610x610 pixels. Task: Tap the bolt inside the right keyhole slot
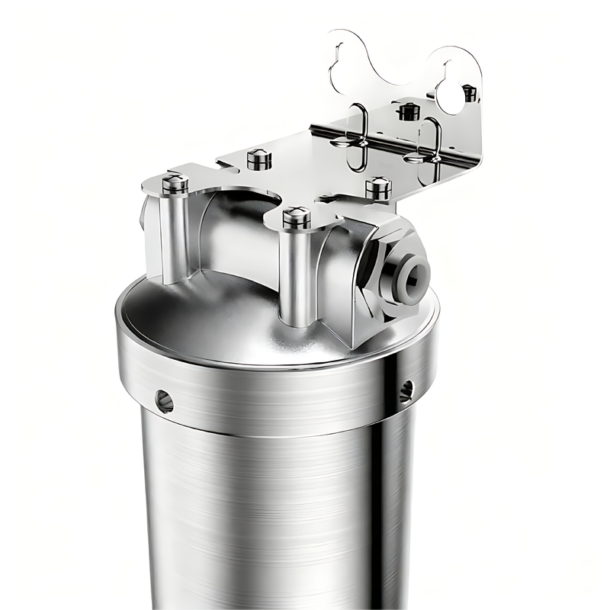point(469,93)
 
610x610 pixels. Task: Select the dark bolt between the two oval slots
point(409,111)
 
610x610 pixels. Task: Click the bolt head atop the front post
point(297,217)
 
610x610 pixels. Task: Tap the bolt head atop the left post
point(175,183)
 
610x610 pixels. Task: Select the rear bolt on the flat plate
point(259,159)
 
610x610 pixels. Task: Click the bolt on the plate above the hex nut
point(378,188)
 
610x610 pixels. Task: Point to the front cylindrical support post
point(296,274)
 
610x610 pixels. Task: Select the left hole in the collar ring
point(164,400)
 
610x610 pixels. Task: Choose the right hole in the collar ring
point(406,390)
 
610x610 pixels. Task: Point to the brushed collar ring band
point(274,396)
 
